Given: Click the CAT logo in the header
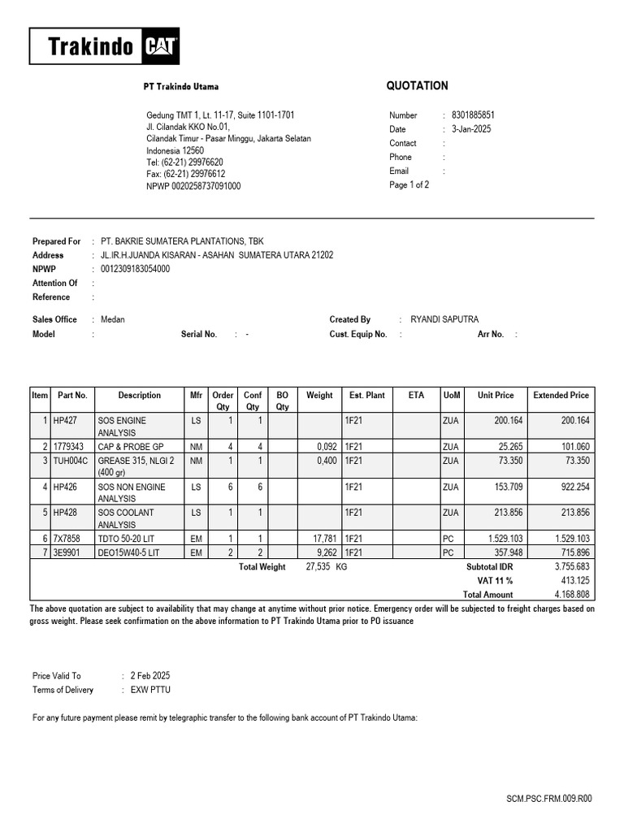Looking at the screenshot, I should (161, 47).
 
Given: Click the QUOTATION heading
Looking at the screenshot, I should (416, 86).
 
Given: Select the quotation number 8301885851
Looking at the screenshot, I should (473, 115).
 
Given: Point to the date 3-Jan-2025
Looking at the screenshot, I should (471, 129).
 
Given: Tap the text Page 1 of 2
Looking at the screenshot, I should (409, 185).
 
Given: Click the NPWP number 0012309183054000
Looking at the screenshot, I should (135, 269).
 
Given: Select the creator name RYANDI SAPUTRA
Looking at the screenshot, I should (444, 320).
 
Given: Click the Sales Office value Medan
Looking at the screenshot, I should (112, 320).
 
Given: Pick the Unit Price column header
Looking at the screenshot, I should (496, 396).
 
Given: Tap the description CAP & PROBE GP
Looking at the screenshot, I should (131, 447).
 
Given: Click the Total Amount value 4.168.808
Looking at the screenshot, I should (570, 595).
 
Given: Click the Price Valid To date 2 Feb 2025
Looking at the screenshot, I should (149, 676).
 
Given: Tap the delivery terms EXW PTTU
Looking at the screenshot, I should (150, 691).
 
